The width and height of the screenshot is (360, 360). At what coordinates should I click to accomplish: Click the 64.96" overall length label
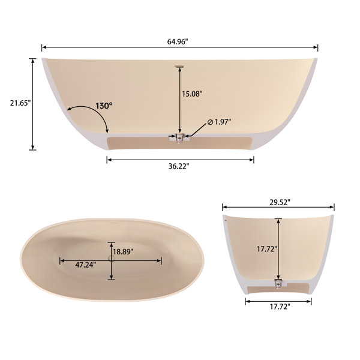point(178,42)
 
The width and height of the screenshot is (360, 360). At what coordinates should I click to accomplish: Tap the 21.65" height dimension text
point(20,103)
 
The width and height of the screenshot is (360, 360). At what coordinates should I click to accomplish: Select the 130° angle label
point(104,106)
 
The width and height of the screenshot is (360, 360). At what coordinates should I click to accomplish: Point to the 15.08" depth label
point(192,94)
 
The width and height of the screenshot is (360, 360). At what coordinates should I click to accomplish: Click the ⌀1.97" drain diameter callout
point(219,122)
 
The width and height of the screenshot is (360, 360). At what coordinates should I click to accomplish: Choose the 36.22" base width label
point(179,166)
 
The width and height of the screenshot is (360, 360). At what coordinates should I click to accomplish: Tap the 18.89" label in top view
point(123,251)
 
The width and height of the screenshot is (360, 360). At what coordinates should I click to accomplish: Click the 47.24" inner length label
point(86,265)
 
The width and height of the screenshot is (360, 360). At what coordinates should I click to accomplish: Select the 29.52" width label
point(280,202)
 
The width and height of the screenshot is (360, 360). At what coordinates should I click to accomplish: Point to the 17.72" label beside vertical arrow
point(267,249)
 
